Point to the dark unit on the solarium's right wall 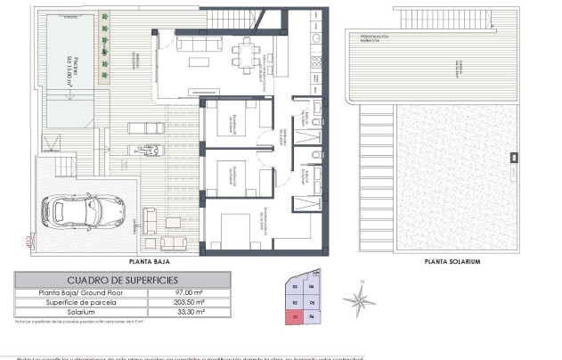[514, 158]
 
